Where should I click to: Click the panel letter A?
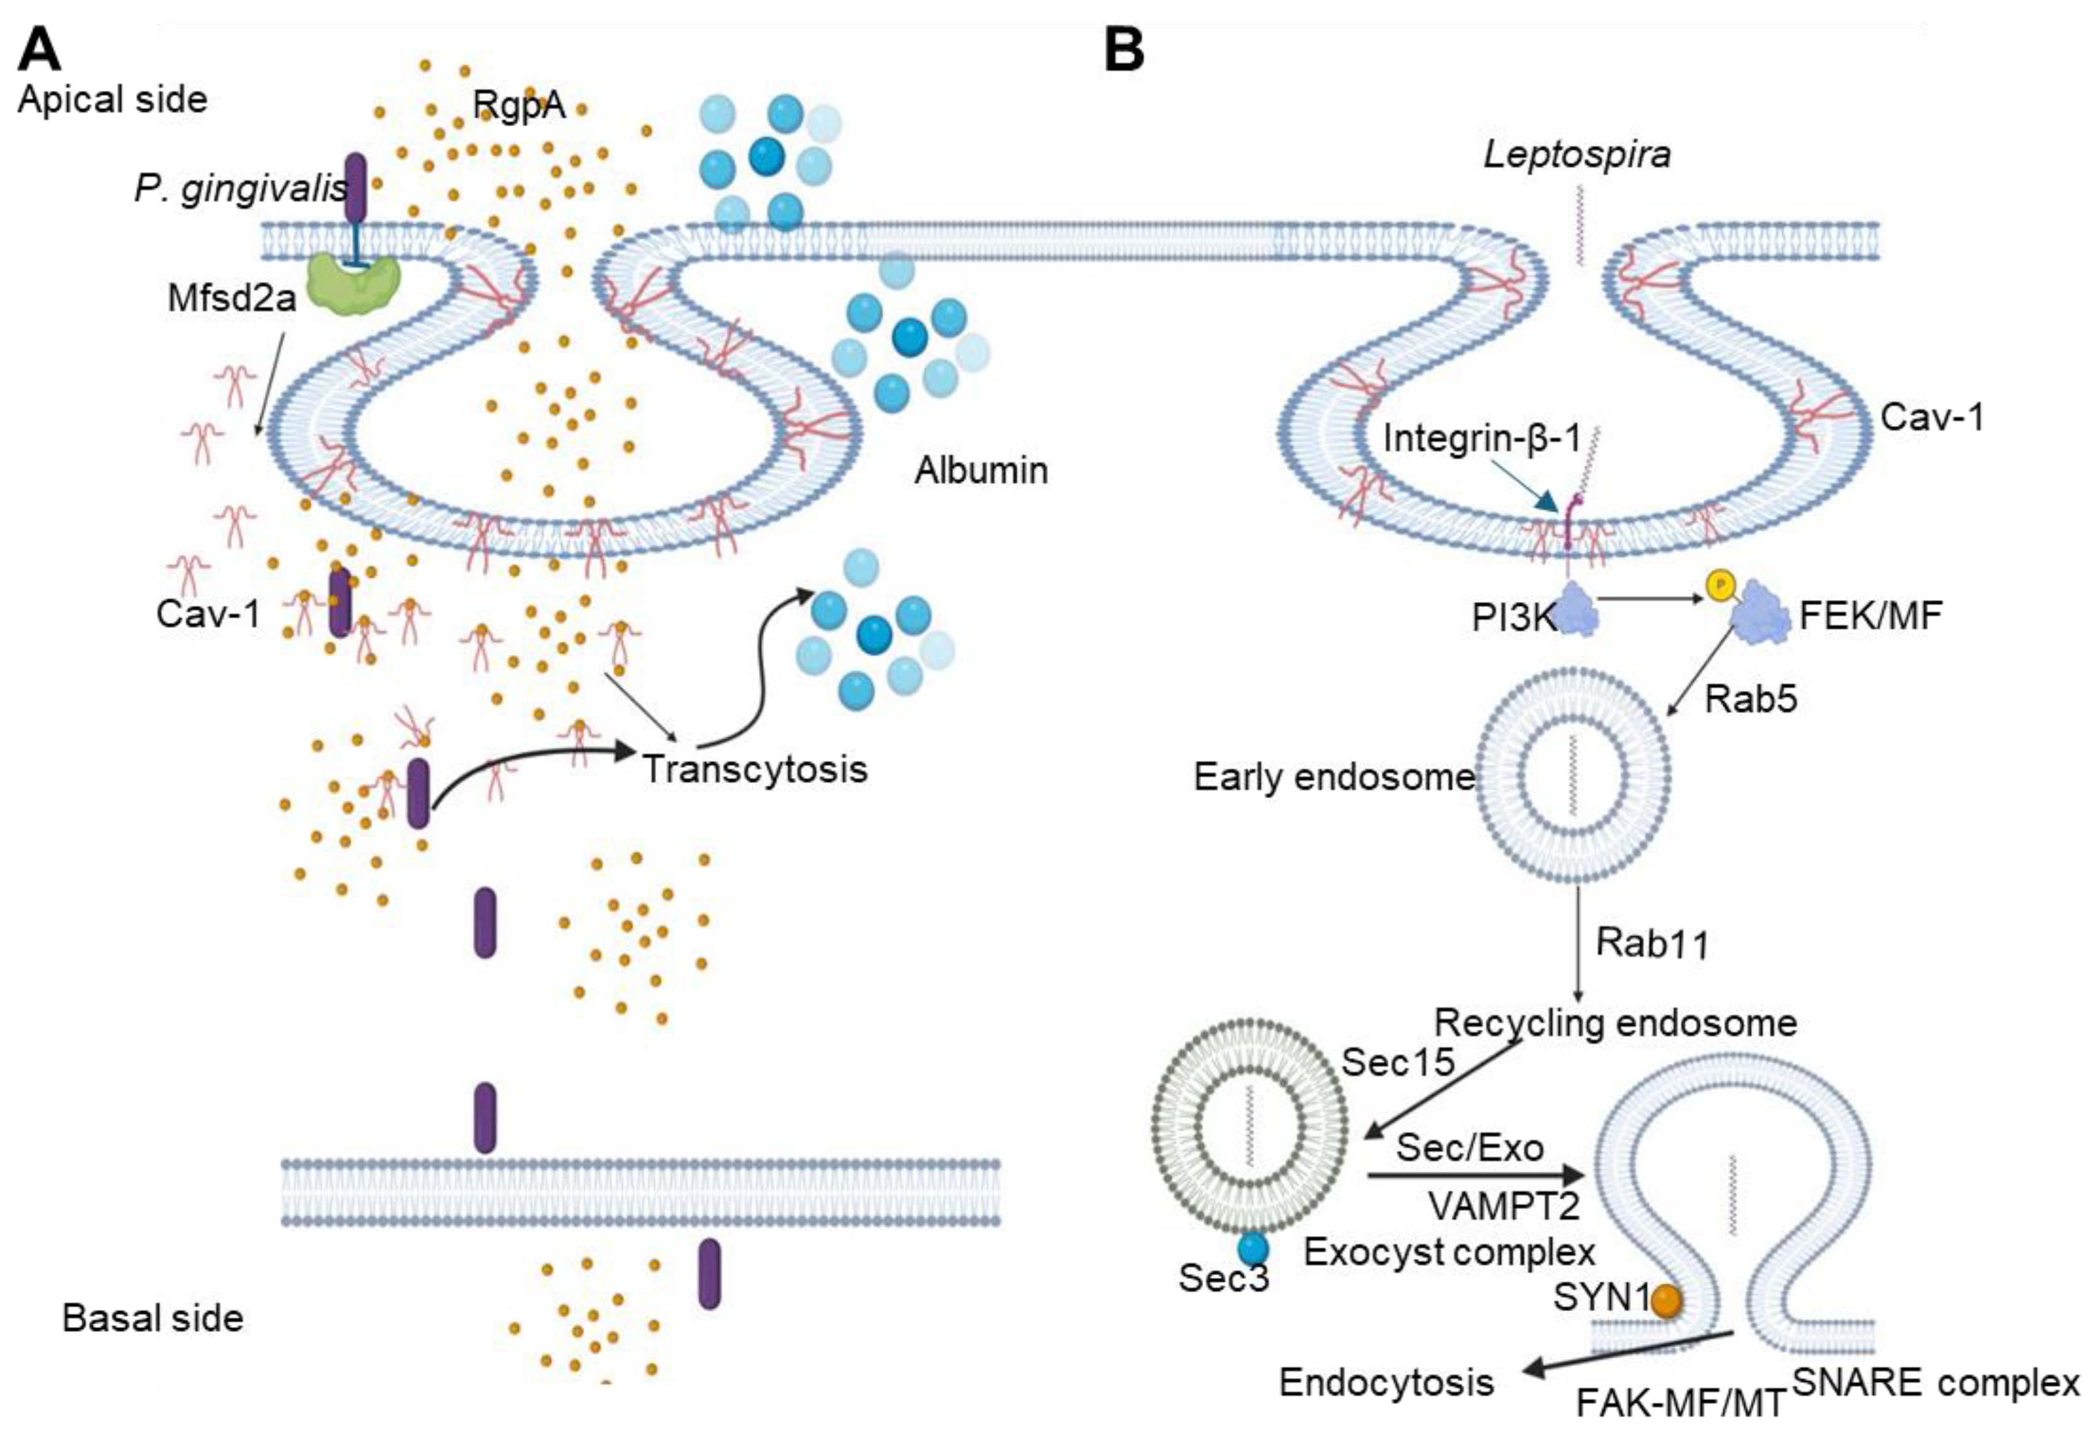coord(40,50)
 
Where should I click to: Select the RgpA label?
coord(519,105)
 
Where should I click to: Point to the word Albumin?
coord(981,471)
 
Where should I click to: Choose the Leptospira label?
coord(1577,154)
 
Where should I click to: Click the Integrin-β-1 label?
coord(1483,438)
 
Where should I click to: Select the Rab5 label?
coord(1751,699)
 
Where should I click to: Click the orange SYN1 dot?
coord(1666,1300)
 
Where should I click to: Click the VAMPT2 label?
coord(1504,1206)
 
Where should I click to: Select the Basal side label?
coord(153,1319)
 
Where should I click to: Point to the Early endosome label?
coord(1333,777)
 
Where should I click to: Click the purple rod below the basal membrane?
coord(710,1273)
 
